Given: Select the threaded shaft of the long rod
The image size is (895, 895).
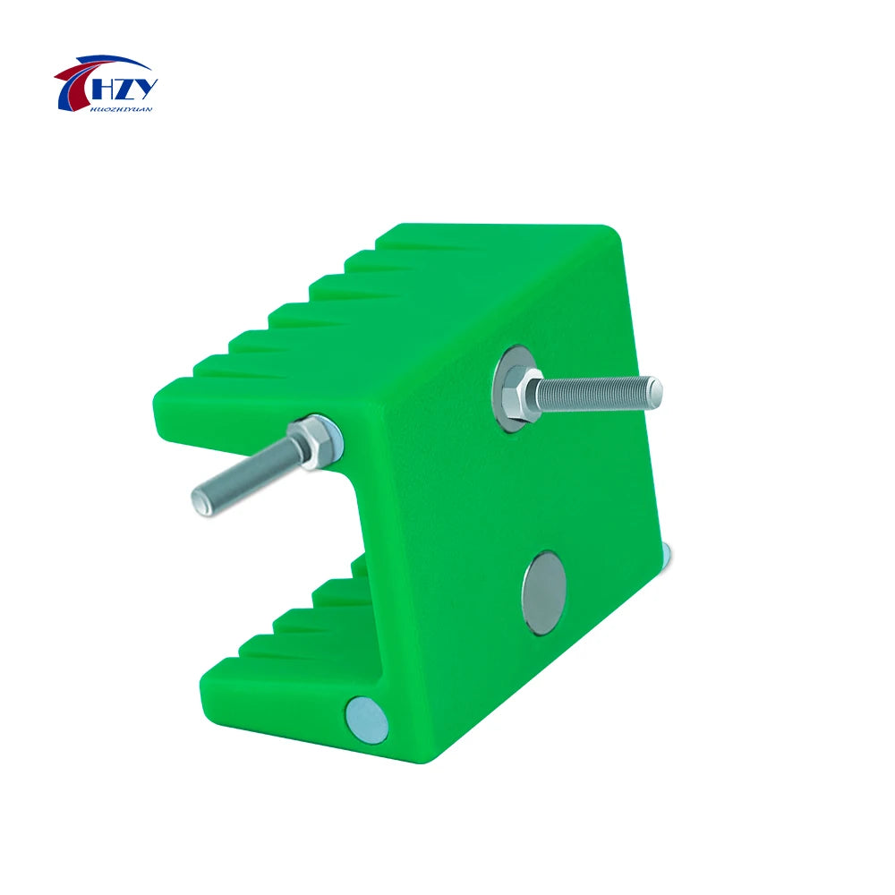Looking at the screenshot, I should click(x=595, y=392).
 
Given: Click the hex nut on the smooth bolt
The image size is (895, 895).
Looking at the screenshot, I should click(x=313, y=439).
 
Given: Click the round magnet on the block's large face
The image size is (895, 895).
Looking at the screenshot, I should click(x=544, y=593).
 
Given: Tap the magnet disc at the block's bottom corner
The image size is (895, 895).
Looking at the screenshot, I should click(x=367, y=719).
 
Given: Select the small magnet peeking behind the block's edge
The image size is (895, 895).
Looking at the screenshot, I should click(x=668, y=556).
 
